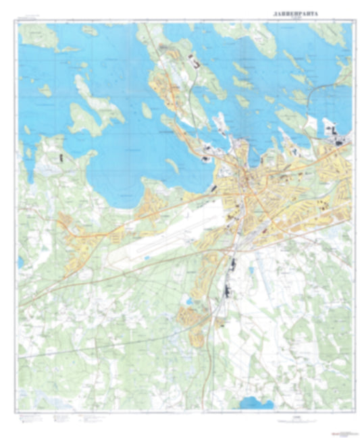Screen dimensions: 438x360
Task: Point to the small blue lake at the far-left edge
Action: click(22, 261)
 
